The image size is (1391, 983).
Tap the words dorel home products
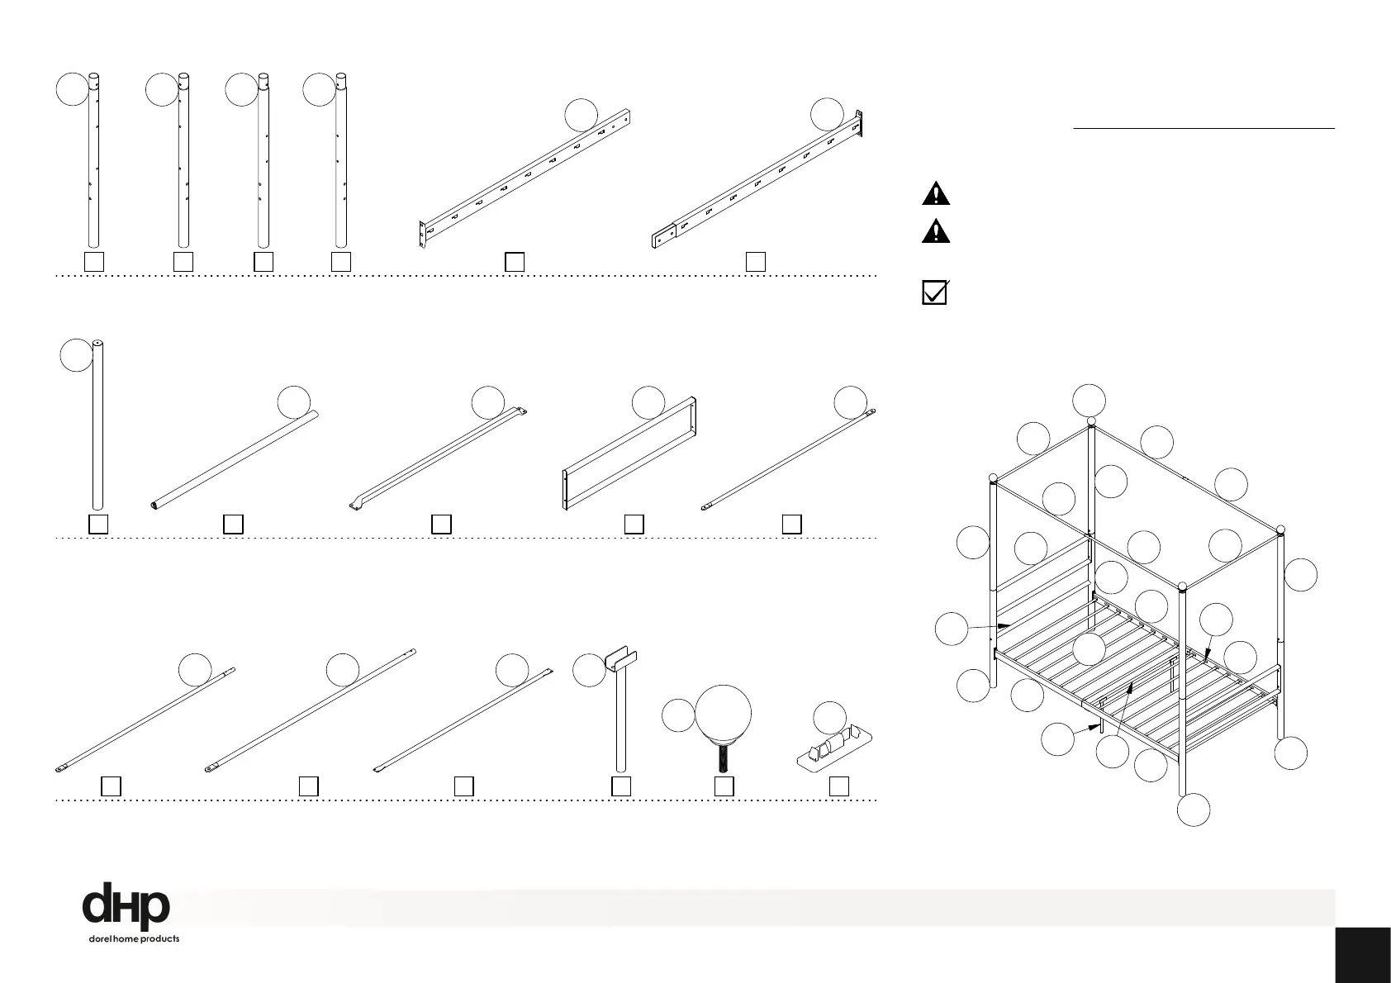(x=134, y=939)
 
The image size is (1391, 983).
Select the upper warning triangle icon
(x=935, y=193)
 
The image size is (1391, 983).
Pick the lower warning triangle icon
(x=935, y=230)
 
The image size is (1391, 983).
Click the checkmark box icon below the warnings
(x=934, y=293)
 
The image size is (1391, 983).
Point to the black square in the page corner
(x=1362, y=955)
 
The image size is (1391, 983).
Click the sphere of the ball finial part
(x=724, y=714)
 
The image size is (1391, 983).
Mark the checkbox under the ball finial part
(x=724, y=786)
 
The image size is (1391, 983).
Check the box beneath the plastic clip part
(x=839, y=786)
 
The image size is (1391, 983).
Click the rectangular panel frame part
(x=629, y=456)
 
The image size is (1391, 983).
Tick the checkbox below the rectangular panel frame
(x=634, y=524)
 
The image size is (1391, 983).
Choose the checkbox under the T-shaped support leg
(x=621, y=786)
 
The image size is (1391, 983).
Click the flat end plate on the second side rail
(x=664, y=239)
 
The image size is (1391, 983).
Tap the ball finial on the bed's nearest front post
(x=1183, y=587)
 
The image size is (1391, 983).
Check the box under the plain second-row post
(x=97, y=525)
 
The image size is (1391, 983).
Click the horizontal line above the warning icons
(x=1203, y=129)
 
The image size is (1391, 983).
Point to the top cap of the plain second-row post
(x=97, y=343)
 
